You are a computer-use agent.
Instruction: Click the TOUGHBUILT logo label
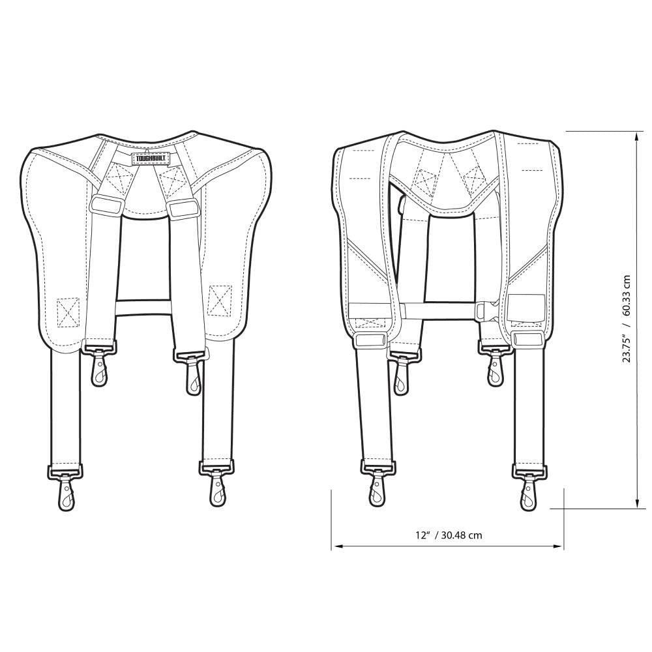pos(149,158)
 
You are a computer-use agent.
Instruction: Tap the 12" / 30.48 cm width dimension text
pos(449,535)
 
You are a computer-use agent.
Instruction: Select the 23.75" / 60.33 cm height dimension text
pos(627,318)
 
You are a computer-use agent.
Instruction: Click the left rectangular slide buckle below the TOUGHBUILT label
pos(106,204)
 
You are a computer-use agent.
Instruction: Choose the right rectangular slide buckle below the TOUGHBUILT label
pos(183,208)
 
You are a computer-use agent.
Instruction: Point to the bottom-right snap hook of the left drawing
pos(217,487)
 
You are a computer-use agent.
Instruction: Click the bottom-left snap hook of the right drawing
pos(376,487)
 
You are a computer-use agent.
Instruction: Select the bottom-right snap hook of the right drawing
pos(528,487)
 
